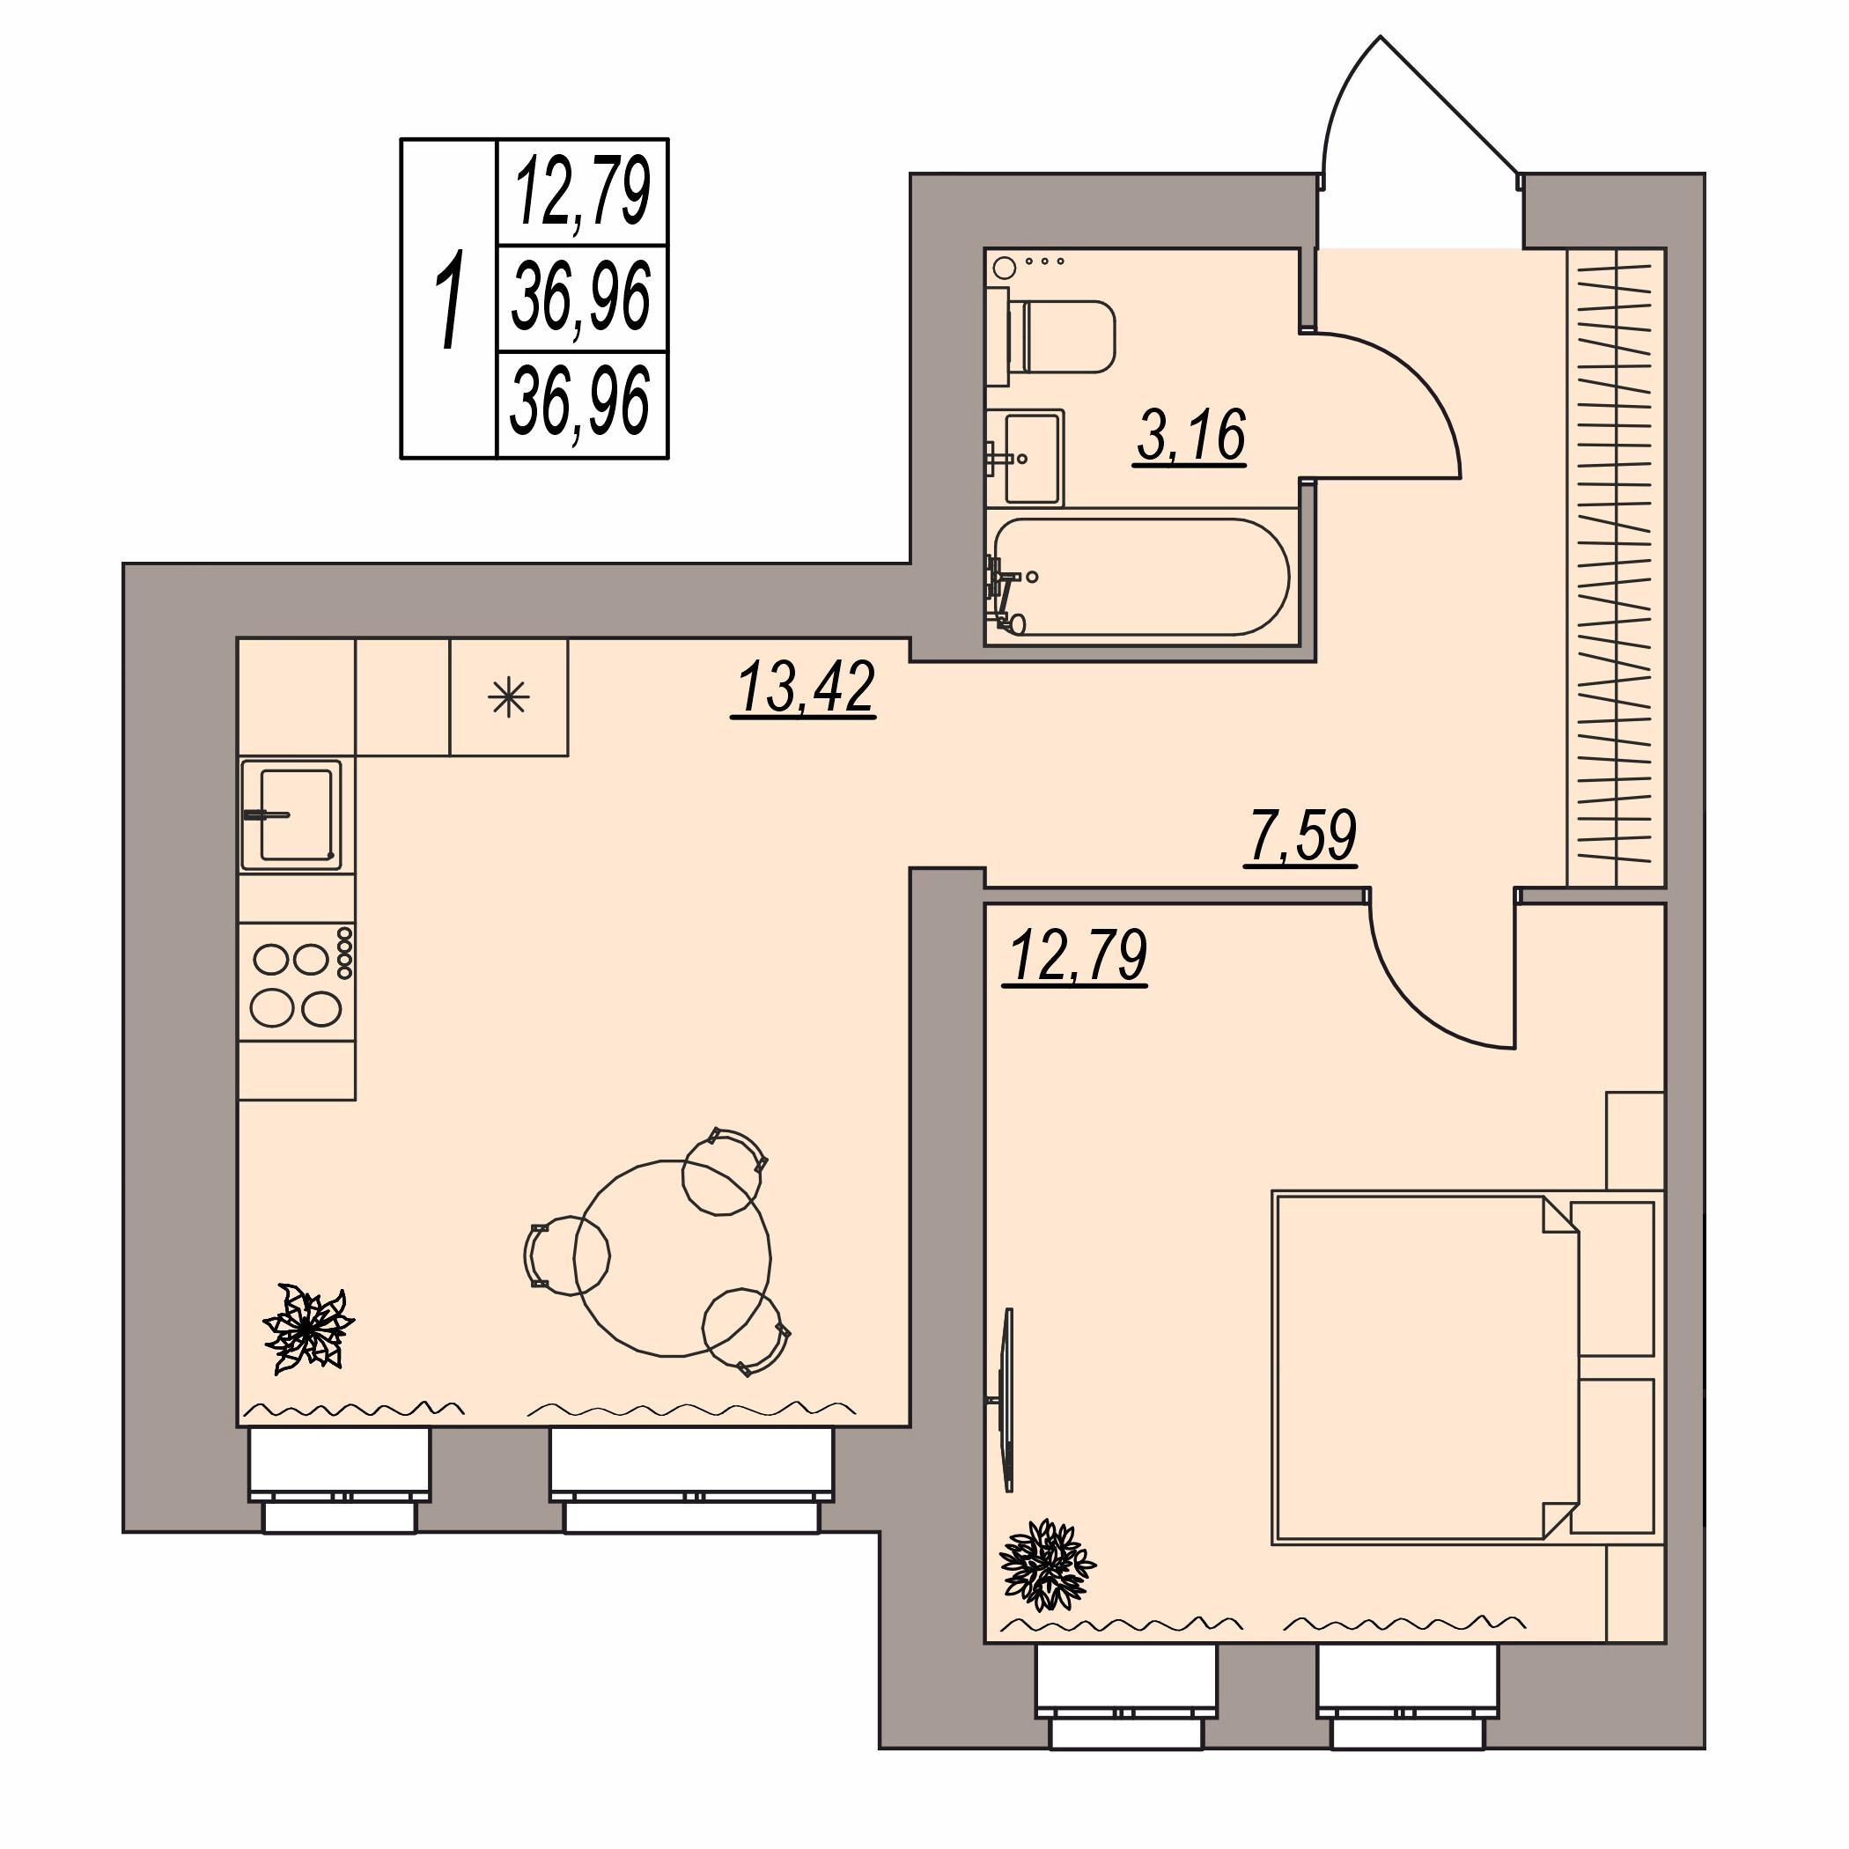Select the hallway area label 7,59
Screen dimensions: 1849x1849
(1301, 836)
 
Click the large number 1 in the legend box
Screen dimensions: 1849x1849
(449, 298)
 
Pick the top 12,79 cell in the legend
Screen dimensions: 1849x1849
(582, 191)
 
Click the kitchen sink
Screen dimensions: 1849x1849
(292, 815)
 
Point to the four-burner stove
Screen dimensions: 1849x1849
(297, 982)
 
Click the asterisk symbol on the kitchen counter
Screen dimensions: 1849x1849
(508, 697)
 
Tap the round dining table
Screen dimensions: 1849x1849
(672, 1257)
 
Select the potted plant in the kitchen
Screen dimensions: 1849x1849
(308, 1329)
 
